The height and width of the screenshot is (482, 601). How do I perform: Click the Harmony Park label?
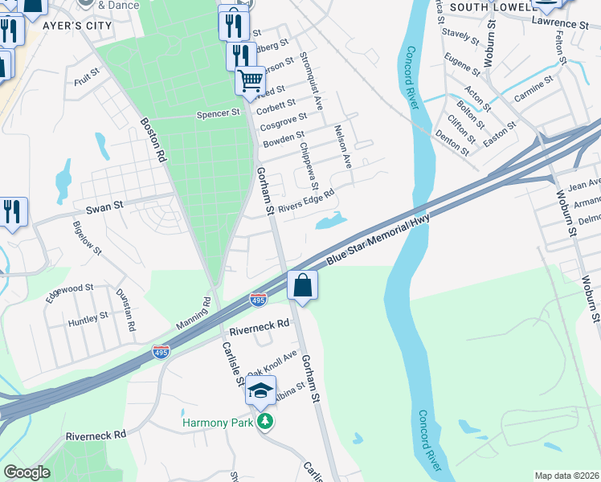click(217, 423)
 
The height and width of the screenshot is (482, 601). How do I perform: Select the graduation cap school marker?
click(260, 390)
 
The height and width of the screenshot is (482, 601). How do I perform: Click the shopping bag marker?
click(302, 285)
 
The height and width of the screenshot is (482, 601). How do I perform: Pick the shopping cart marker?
click(250, 80)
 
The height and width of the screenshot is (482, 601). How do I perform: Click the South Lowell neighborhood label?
click(489, 6)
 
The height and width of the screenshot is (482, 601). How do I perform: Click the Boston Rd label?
click(153, 141)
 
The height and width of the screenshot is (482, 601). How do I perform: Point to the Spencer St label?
click(219, 114)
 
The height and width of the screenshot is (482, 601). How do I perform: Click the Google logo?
click(27, 472)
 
